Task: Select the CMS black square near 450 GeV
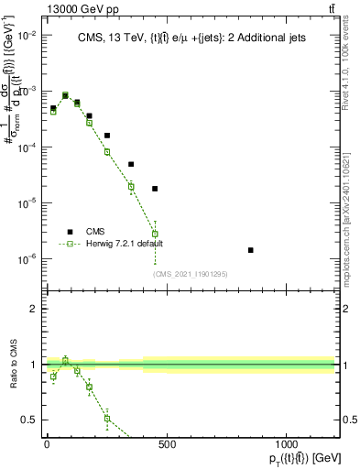point(155,189)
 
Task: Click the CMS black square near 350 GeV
point(131,164)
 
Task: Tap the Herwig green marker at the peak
point(65,95)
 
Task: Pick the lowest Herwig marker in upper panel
point(155,234)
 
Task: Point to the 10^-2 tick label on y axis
point(27,35)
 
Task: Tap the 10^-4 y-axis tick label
point(27,147)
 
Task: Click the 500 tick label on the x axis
point(167,445)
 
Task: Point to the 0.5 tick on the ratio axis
point(27,420)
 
